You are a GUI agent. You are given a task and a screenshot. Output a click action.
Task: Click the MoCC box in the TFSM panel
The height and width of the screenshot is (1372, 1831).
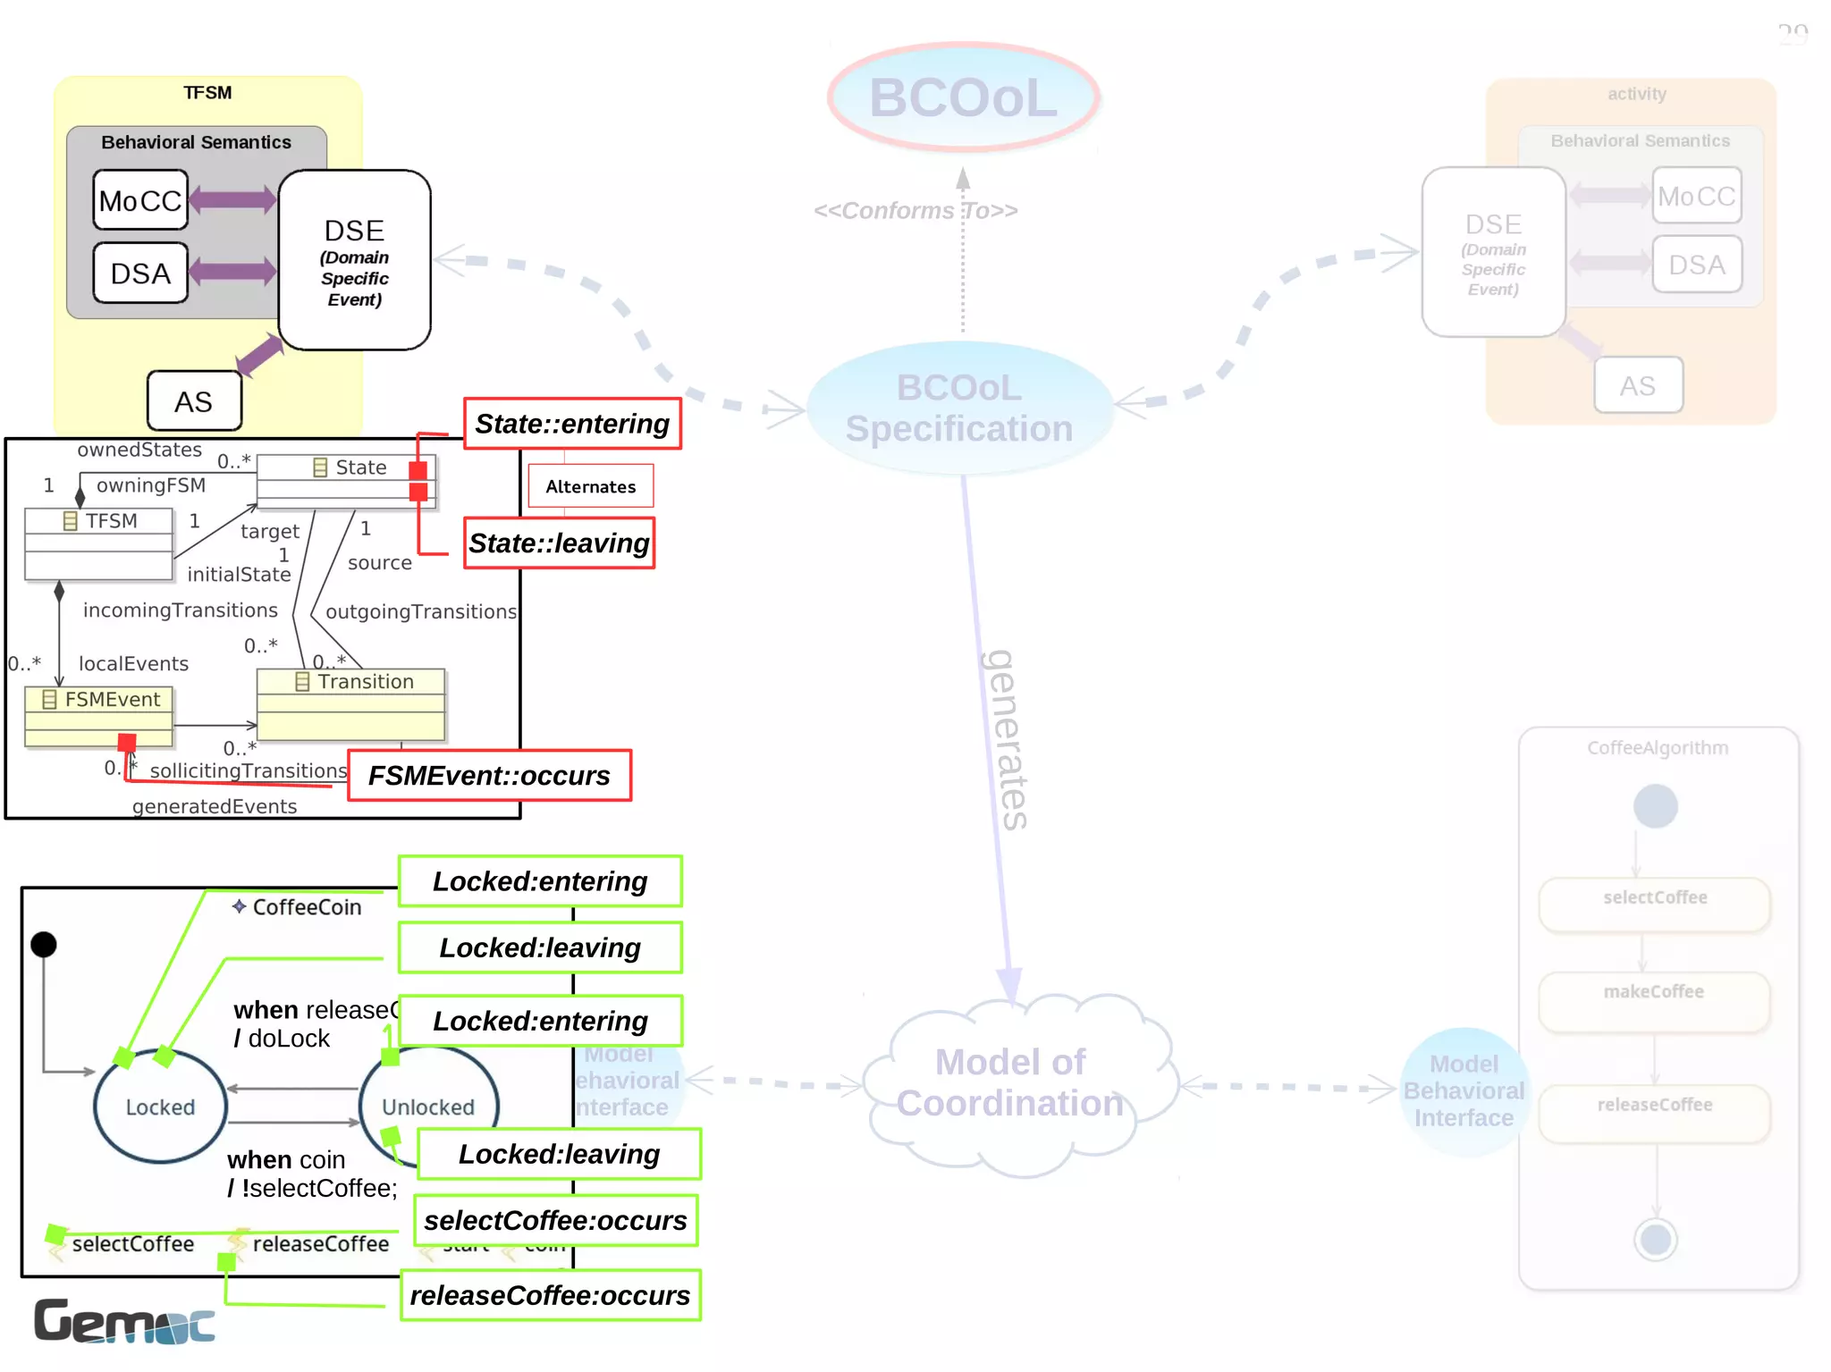(140, 200)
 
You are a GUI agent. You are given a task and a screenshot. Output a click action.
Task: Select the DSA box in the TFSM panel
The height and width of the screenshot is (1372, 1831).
(140, 273)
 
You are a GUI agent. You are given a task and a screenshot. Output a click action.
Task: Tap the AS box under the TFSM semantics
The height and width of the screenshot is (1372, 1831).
(194, 401)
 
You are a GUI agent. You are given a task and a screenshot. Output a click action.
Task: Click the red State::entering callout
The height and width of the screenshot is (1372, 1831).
(572, 424)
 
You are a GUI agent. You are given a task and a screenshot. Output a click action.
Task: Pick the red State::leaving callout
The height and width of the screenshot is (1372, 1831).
(559, 543)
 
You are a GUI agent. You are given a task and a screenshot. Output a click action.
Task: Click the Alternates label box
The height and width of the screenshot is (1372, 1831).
(591, 486)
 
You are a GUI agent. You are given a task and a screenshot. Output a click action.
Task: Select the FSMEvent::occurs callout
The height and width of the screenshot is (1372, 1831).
(489, 775)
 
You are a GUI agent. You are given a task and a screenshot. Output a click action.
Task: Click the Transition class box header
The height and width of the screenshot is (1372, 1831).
(351, 681)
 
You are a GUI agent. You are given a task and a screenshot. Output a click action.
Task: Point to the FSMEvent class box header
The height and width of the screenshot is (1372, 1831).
(99, 699)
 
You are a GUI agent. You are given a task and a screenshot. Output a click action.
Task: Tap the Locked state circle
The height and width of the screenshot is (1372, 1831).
(160, 1107)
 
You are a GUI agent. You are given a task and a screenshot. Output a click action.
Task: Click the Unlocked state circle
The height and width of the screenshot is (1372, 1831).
(427, 1107)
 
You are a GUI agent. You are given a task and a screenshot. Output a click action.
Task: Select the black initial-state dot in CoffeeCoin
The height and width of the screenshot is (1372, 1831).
(44, 944)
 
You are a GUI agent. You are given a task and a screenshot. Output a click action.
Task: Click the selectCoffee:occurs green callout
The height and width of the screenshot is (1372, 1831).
(555, 1220)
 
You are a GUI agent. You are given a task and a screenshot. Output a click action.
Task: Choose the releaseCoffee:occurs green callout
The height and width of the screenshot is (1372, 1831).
(550, 1295)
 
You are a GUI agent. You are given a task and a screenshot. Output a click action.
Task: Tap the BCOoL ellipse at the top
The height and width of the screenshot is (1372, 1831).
(963, 97)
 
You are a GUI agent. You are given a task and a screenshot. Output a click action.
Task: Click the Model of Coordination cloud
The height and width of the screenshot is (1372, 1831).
(1010, 1083)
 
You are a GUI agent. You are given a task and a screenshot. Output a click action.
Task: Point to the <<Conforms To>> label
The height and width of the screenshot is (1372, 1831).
(915, 211)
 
